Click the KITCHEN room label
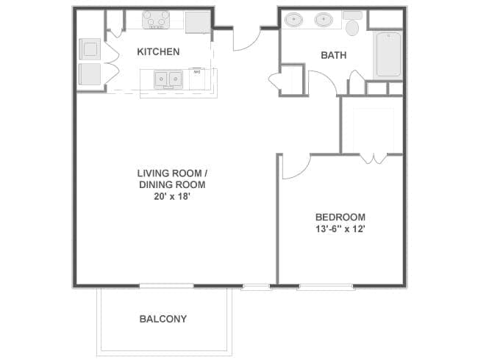coord(158,51)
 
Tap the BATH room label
coord(334,55)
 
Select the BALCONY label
coord(163,319)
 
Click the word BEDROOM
coord(340,217)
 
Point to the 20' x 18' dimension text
coord(172,196)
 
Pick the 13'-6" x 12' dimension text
coord(340,228)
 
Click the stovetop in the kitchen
coord(156,20)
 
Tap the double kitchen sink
coord(168,79)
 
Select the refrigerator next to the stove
coord(198,22)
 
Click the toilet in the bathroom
coord(352,24)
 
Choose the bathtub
coord(388,54)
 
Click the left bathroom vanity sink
coord(294,20)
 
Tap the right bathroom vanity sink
coord(324,20)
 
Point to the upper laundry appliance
coord(90,49)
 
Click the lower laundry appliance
coord(90,74)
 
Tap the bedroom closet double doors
coord(374,159)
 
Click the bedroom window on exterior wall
coord(325,287)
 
